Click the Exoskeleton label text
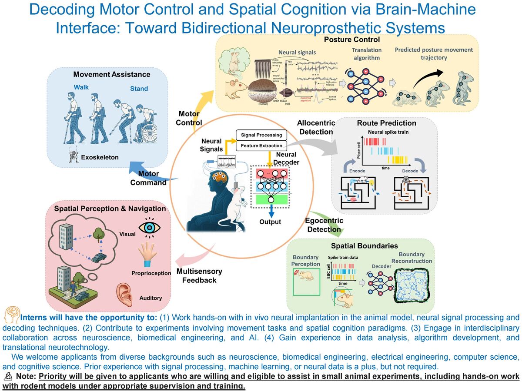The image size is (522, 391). [x=100, y=157]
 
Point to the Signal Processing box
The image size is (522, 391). [x=261, y=135]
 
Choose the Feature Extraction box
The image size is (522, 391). [x=261, y=146]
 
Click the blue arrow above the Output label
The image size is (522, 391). [x=271, y=210]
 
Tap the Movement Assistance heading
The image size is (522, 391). [x=112, y=74]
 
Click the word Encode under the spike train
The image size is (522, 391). [x=357, y=171]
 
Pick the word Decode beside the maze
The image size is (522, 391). [x=410, y=171]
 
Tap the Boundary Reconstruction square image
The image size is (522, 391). [x=412, y=285]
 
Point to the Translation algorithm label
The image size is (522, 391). [x=366, y=54]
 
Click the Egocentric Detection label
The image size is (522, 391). [x=324, y=225]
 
